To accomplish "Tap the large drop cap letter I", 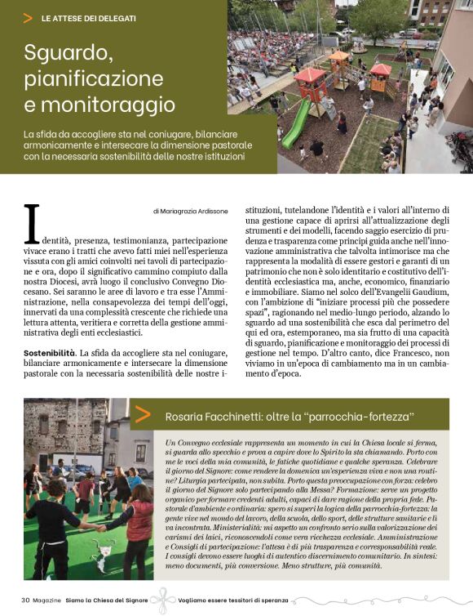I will (32, 224).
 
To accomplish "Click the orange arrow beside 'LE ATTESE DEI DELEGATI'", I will (29, 17).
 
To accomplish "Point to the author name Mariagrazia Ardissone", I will (189, 211).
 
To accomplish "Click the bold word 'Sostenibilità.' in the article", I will (51, 352).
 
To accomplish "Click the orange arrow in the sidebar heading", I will (143, 414).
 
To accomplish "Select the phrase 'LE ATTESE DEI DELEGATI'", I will (88, 17).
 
